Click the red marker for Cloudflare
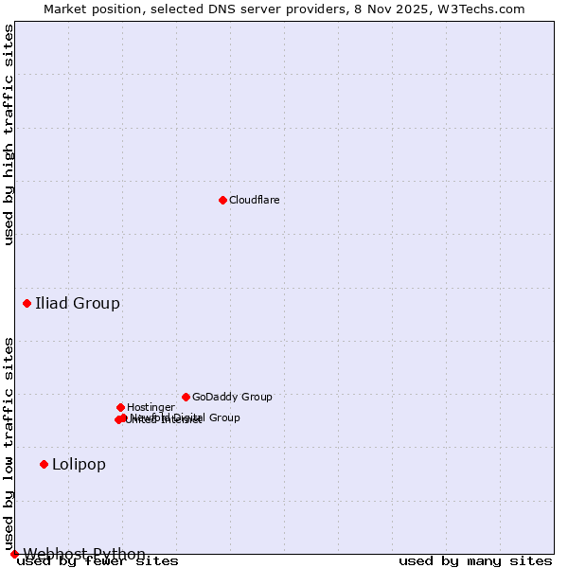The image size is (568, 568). point(222,200)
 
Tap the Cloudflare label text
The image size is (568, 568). point(254,200)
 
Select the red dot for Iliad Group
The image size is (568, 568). point(27,303)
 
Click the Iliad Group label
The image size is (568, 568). point(78,303)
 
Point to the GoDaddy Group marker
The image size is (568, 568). point(186,397)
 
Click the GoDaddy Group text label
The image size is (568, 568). point(232,397)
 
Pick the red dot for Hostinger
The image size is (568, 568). point(120,407)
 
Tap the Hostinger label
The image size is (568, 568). point(151,407)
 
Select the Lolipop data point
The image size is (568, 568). point(44,464)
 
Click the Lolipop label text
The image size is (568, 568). point(79,464)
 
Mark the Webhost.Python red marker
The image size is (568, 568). point(14,554)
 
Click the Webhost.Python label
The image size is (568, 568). point(84,554)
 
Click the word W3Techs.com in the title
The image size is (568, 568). point(487,9)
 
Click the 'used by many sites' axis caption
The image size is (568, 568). point(475,561)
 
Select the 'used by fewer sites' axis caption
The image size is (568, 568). point(98,561)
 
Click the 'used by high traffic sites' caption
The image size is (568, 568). point(9,135)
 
